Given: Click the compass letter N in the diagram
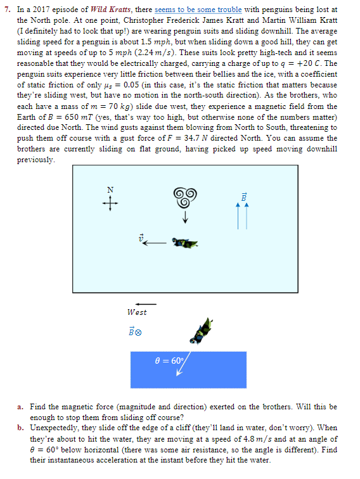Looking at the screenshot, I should click(110, 189).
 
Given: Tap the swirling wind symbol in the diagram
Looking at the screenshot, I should click(185, 198).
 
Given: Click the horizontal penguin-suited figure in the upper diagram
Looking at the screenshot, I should click(184, 243).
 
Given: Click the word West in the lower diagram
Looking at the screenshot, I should click(137, 312).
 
